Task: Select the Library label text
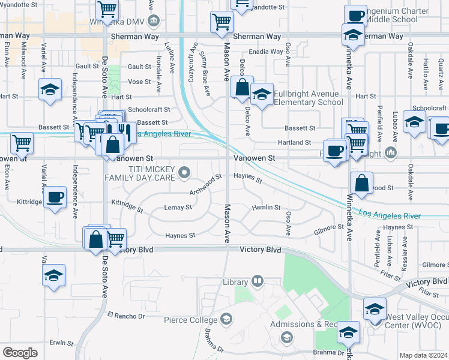click(235, 282)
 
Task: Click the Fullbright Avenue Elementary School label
click(309, 98)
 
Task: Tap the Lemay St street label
click(178, 208)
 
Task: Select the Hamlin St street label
click(266, 208)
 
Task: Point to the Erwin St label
click(61, 343)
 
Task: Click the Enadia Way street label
click(267, 52)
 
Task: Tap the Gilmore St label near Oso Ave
click(328, 229)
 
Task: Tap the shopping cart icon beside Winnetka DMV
click(107, 9)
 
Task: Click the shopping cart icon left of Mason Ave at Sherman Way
click(221, 22)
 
